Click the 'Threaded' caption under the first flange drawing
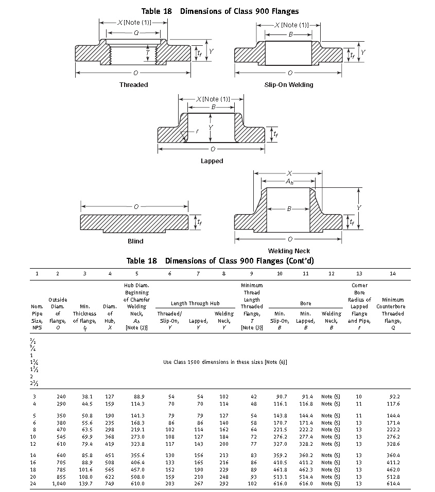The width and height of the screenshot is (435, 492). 133,85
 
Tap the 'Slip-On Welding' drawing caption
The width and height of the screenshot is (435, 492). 288,85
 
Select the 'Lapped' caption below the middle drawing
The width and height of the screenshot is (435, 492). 212,161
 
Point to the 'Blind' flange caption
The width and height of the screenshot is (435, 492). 135,241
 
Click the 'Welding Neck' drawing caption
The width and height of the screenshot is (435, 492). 289,251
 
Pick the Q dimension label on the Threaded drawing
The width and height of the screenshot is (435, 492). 136,32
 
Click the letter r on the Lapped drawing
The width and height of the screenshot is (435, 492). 197,131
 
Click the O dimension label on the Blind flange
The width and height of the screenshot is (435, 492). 135,206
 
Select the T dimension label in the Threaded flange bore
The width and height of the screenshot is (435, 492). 148,52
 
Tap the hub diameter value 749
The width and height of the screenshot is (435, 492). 110,484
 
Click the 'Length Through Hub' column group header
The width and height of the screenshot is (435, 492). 195,304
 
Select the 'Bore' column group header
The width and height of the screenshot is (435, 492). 306,304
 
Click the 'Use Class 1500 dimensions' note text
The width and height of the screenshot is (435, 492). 225,362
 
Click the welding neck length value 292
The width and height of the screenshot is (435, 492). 224,484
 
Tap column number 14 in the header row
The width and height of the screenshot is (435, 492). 393,274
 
